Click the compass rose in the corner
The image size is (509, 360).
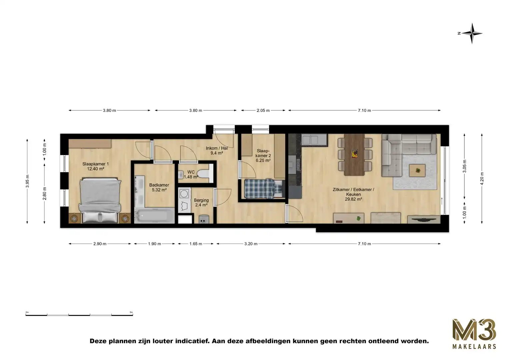pyautogui.click(x=472, y=33)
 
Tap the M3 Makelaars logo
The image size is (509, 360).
pyautogui.click(x=474, y=334)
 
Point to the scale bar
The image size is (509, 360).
pyautogui.click(x=79, y=314)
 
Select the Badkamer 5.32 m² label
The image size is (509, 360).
pyautogui.click(x=159, y=187)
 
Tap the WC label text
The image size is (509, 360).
pyautogui.click(x=191, y=172)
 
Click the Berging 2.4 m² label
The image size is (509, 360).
pyautogui.click(x=201, y=203)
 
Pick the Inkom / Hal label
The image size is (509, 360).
pyautogui.click(x=217, y=151)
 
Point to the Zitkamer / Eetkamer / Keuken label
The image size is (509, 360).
pyautogui.click(x=353, y=194)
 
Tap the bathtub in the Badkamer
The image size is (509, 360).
pyautogui.click(x=154, y=216)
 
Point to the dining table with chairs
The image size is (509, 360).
pyautogui.click(x=355, y=154)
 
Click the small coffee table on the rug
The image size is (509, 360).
pyautogui.click(x=417, y=170)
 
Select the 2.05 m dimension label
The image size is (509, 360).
pyautogui.click(x=263, y=110)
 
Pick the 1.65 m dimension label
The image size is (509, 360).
pyautogui.click(x=196, y=244)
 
